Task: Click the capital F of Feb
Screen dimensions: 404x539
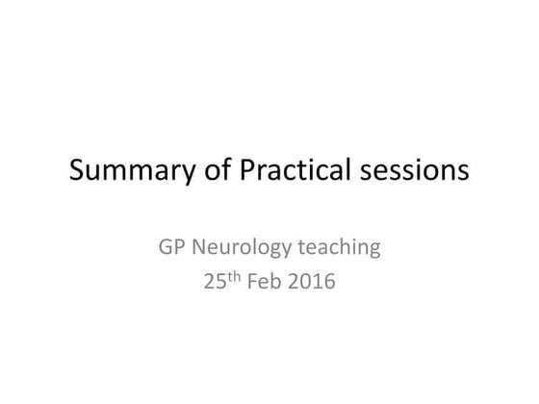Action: click(x=255, y=285)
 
